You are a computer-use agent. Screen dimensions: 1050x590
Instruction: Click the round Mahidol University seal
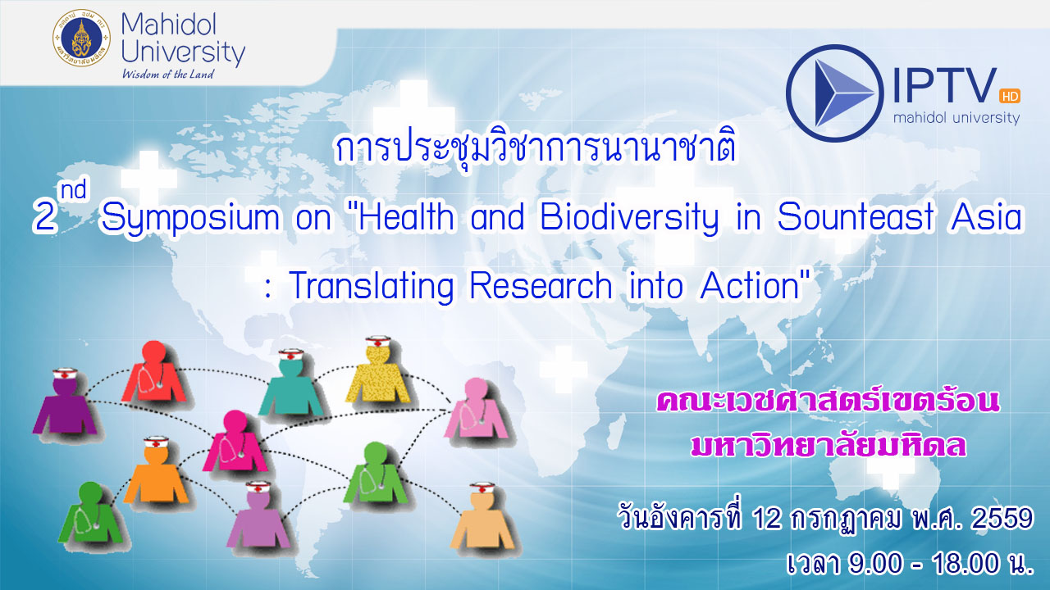click(x=81, y=38)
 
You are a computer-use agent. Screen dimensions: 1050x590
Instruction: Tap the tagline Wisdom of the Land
click(x=168, y=74)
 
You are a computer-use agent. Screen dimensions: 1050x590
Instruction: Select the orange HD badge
click(x=1010, y=96)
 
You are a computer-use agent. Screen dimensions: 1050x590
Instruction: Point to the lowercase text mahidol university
click(x=956, y=117)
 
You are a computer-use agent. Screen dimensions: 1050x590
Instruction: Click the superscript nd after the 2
click(x=74, y=190)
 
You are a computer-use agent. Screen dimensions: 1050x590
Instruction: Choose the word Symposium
click(x=190, y=219)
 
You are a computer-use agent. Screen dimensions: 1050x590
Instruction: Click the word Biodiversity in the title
click(x=629, y=218)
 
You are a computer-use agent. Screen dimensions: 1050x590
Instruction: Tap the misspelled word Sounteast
click(x=856, y=217)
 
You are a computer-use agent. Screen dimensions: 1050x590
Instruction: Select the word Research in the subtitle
click(x=541, y=285)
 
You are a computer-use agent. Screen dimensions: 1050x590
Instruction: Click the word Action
click(x=750, y=285)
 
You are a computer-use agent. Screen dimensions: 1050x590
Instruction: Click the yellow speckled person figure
click(x=378, y=374)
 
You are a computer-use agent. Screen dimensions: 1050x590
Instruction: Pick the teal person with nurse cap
click(x=291, y=384)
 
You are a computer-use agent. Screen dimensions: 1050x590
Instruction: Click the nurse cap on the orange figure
click(x=156, y=442)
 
